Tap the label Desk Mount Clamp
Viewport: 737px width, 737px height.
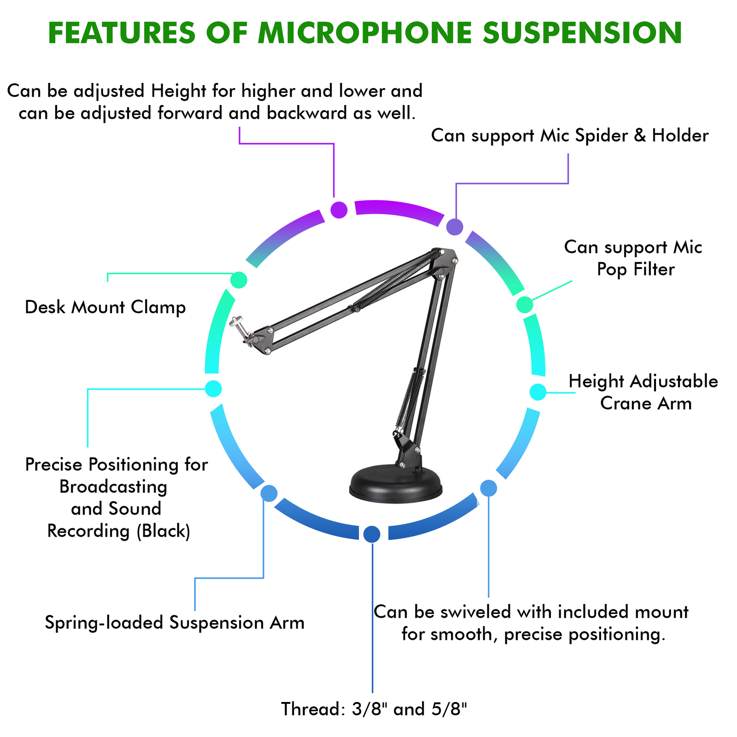point(105,307)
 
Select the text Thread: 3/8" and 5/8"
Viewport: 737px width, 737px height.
point(374,709)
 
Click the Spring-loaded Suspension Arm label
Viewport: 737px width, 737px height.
point(175,623)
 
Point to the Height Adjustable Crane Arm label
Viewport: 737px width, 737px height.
point(643,392)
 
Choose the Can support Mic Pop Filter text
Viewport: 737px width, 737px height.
point(633,258)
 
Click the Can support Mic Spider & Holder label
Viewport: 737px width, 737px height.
point(570,136)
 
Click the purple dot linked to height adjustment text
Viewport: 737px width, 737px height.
point(339,210)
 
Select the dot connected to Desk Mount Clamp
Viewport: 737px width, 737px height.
point(239,280)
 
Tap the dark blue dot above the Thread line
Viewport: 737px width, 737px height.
point(372,534)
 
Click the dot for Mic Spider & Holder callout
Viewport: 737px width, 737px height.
point(455,227)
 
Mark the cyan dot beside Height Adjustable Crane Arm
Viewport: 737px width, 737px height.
point(538,392)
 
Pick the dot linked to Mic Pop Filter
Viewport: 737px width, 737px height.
point(525,304)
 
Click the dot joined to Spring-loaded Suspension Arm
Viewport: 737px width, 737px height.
point(269,493)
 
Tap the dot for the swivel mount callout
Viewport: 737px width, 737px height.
point(489,488)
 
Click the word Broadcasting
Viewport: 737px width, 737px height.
point(113,487)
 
